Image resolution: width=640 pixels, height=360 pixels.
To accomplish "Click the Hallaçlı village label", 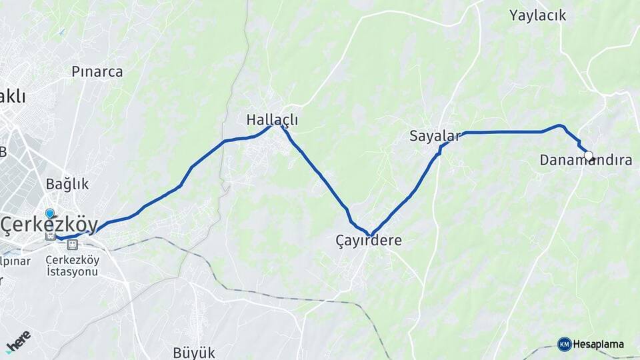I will (272, 120).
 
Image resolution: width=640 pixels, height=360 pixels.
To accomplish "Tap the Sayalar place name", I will (435, 137).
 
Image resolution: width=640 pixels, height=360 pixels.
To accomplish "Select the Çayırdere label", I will (369, 241).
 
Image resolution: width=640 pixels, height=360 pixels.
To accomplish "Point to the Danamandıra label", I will (586, 161).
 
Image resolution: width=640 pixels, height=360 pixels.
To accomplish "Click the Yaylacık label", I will (537, 15).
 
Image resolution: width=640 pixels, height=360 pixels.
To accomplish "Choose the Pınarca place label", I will (97, 72).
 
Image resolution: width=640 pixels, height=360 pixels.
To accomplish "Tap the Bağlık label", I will (67, 184).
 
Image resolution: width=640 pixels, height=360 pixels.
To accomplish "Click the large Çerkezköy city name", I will (49, 225).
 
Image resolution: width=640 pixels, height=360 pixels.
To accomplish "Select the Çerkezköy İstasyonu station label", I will (72, 266).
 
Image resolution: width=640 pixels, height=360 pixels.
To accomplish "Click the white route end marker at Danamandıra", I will (589, 156).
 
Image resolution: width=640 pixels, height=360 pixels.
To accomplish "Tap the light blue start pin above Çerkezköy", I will (50, 214).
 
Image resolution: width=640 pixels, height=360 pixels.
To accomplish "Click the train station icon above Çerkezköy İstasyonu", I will (72, 245).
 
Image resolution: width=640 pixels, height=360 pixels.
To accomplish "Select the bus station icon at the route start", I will (50, 235).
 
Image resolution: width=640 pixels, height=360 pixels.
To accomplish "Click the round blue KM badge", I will (565, 344).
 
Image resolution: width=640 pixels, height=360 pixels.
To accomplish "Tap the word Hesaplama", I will (598, 345).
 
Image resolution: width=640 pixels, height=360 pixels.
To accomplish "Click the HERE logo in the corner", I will (18, 341).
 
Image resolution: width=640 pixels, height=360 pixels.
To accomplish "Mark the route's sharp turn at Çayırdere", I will (371, 233).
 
